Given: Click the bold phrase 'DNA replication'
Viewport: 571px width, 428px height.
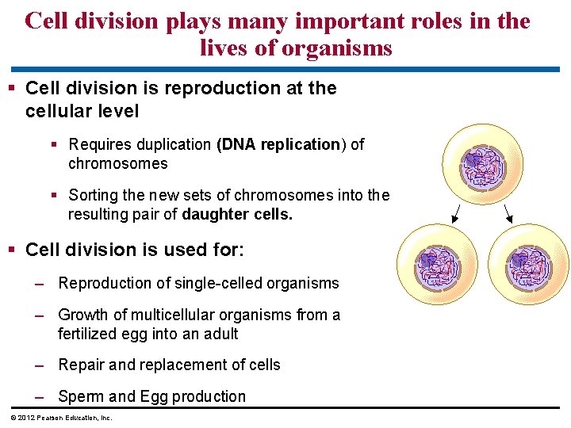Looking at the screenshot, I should click(278, 144).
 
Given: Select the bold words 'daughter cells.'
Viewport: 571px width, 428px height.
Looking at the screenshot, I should click(237, 214).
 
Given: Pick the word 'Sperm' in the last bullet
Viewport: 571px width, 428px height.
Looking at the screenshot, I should click(80, 396).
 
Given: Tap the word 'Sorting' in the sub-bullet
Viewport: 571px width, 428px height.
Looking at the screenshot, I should click(94, 195).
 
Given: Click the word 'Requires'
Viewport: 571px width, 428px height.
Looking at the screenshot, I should click(101, 144).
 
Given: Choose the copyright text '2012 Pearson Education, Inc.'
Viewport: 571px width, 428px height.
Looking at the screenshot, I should click(64, 418).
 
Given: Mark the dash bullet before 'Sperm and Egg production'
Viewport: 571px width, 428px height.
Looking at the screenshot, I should click(39, 396).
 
